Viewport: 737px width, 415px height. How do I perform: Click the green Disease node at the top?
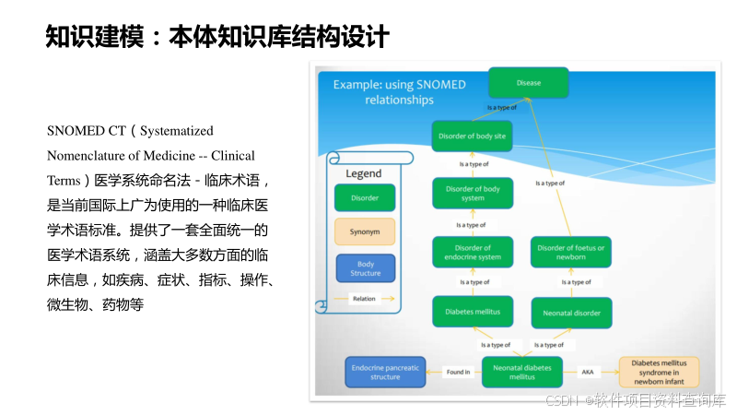tap(528, 83)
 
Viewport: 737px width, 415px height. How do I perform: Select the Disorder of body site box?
tap(471, 136)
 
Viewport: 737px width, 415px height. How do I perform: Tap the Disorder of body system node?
tap(472, 194)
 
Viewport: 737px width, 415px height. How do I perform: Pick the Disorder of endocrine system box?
tap(472, 252)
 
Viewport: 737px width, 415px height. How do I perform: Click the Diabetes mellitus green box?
tap(472, 312)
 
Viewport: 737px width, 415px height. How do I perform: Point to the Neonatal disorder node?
tap(571, 313)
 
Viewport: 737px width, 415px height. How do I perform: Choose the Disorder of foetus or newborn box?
tap(571, 252)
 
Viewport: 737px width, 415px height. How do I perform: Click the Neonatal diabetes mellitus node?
tap(521, 372)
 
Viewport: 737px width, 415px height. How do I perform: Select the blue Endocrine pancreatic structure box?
tap(385, 372)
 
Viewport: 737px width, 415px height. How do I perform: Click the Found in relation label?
tap(458, 373)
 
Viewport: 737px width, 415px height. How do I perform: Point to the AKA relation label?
tap(587, 373)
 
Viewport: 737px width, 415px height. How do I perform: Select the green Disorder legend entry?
tap(365, 197)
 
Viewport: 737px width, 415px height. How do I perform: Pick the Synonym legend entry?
tap(365, 231)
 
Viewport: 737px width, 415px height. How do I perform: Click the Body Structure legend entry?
tap(365, 268)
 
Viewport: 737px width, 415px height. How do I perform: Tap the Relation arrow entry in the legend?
tap(365, 299)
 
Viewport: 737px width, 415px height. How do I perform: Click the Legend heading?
tap(363, 173)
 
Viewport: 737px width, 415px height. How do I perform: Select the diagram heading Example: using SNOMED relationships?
tap(399, 91)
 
